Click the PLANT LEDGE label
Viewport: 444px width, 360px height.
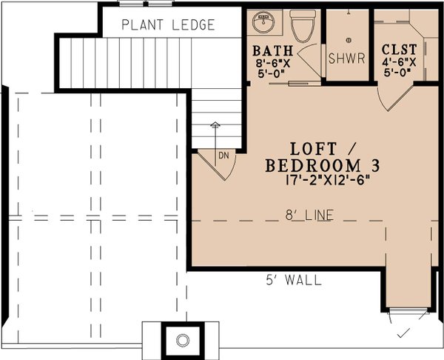168,25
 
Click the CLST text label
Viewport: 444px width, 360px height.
397,50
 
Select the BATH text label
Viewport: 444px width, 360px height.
273,51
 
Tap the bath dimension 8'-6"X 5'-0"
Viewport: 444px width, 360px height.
273,69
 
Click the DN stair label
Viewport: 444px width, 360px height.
223,155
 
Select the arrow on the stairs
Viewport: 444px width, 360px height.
215,127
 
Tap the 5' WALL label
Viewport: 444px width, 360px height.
294,280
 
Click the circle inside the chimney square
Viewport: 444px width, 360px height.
182,341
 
